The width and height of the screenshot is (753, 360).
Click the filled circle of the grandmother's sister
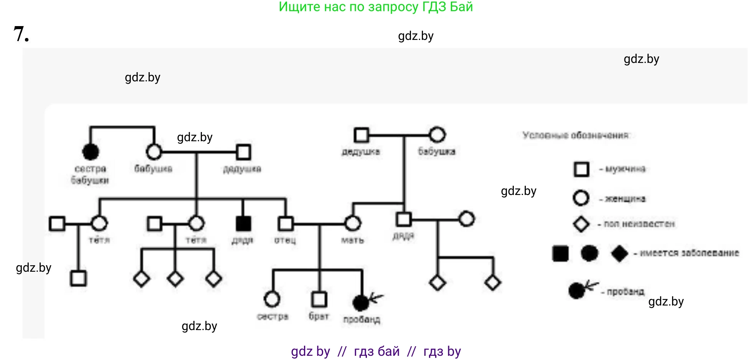pyautogui.click(x=91, y=152)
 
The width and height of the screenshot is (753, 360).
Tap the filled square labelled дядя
pyautogui.click(x=243, y=223)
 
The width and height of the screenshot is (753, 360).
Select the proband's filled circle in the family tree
pyautogui.click(x=360, y=303)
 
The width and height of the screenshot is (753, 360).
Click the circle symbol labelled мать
pyautogui.click(x=353, y=223)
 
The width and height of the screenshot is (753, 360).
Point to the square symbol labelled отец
pyautogui.click(x=286, y=223)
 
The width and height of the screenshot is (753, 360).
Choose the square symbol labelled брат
pyautogui.click(x=319, y=299)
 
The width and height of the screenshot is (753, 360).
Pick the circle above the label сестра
pyautogui.click(x=272, y=299)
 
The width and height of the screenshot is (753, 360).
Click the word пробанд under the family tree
pyautogui.click(x=362, y=319)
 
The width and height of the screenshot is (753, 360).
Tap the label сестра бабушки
pyautogui.click(x=90, y=174)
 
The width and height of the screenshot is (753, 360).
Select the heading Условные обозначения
pyautogui.click(x=576, y=135)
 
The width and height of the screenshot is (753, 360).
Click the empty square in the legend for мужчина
pyautogui.click(x=581, y=169)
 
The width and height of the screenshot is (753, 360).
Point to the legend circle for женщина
pyautogui.click(x=581, y=198)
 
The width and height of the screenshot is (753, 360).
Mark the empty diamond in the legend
pyautogui.click(x=581, y=224)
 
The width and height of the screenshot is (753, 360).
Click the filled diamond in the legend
pyautogui.click(x=619, y=253)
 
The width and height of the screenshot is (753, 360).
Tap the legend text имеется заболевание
pyautogui.click(x=689, y=253)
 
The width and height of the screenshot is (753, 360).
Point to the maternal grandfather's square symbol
pyautogui.click(x=361, y=135)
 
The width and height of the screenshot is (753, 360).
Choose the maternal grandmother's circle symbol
pyautogui.click(x=437, y=135)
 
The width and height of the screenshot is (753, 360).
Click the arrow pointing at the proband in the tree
pyautogui.click(x=376, y=297)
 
